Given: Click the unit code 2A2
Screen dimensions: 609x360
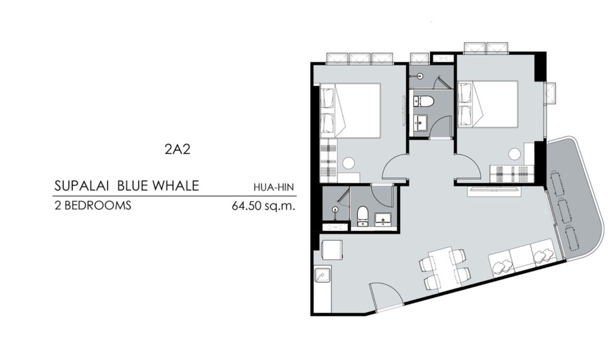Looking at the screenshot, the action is pyautogui.click(x=177, y=149).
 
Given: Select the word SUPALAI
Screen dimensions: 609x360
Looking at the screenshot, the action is pyautogui.click(x=82, y=186).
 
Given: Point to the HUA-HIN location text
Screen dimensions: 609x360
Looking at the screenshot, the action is pyautogui.click(x=274, y=187).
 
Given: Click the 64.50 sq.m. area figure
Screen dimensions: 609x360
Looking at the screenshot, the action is pyautogui.click(x=263, y=206).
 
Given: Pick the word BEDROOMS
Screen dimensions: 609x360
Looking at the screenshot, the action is pyautogui.click(x=98, y=206).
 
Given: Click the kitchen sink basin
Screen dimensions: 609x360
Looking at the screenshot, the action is pyautogui.click(x=322, y=275).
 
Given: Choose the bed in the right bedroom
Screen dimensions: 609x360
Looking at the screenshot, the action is pyautogui.click(x=488, y=104).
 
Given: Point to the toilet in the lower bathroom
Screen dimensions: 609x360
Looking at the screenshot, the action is pyautogui.click(x=362, y=216).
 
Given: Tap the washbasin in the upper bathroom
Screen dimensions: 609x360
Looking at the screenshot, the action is pyautogui.click(x=420, y=123).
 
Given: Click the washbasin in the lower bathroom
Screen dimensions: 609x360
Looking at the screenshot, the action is pyautogui.click(x=383, y=219).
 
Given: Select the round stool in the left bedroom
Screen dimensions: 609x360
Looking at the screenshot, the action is pyautogui.click(x=348, y=163).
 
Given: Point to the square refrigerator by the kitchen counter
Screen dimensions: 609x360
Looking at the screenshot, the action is pyautogui.click(x=332, y=250).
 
